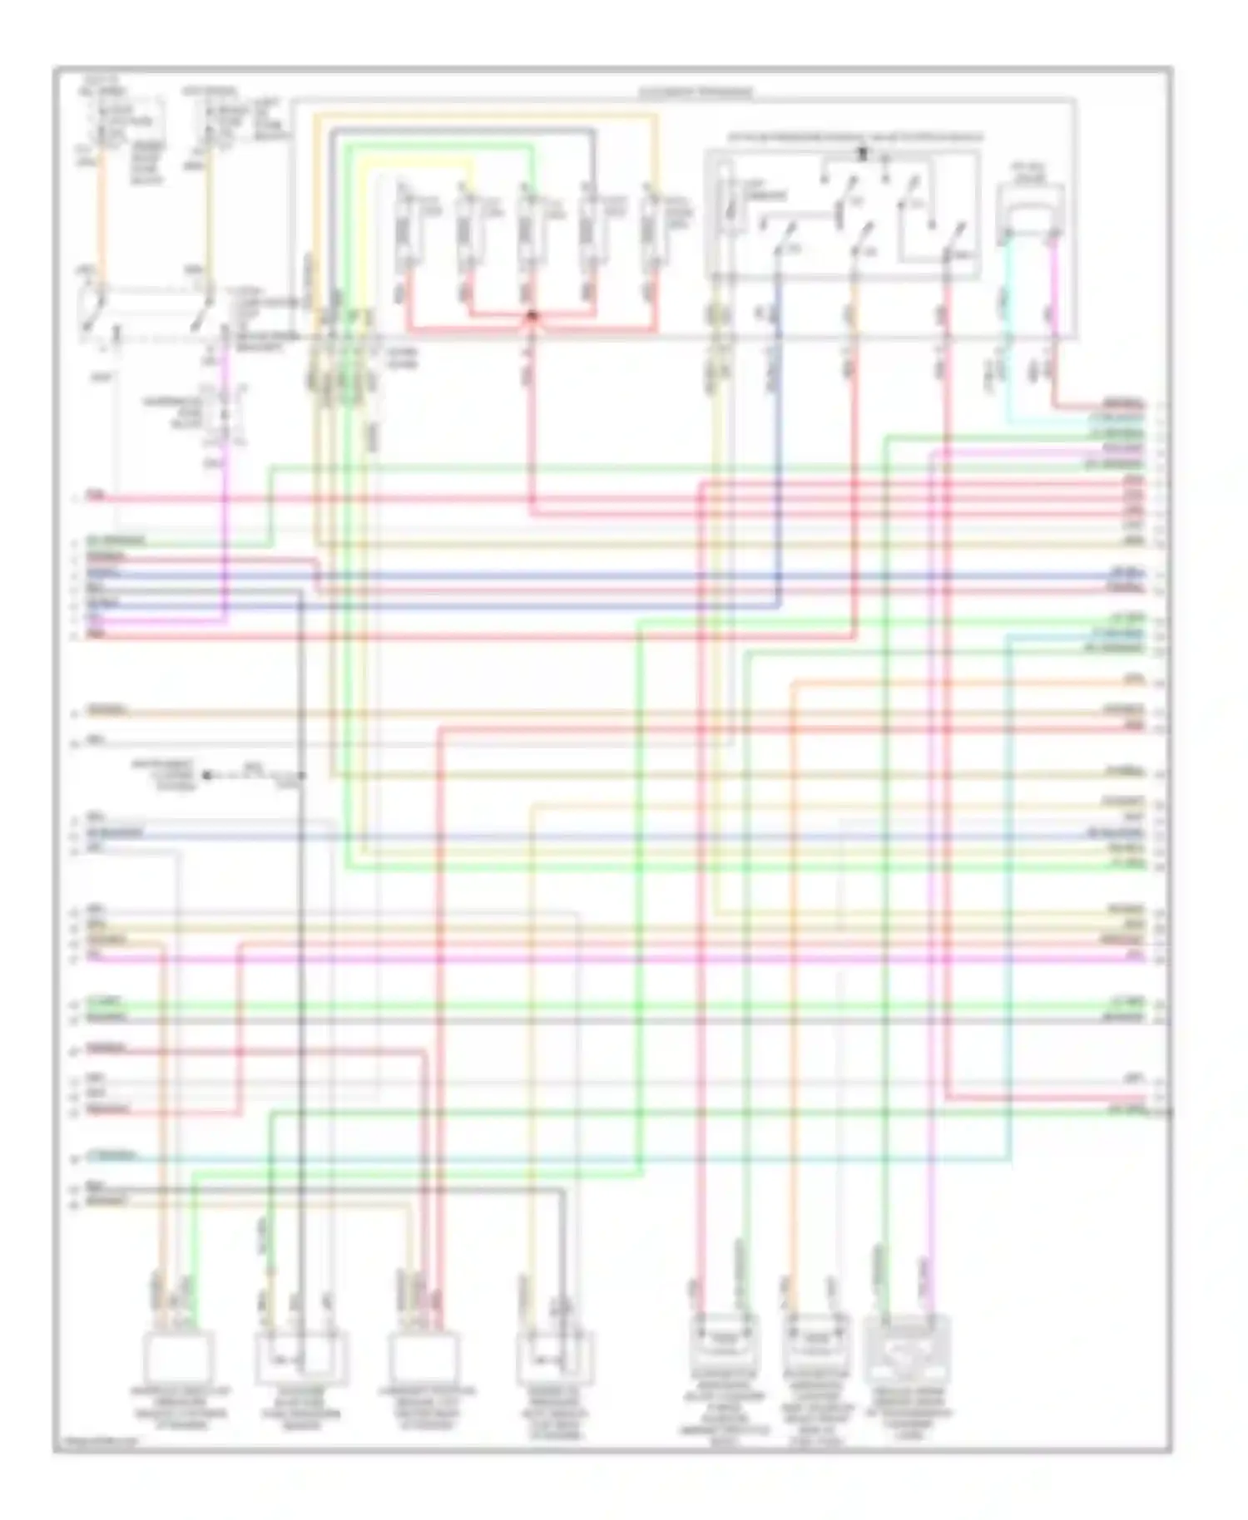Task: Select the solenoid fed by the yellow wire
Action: [467, 225]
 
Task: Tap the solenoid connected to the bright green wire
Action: [527, 225]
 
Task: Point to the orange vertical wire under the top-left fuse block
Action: [102, 216]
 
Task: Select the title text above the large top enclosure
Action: [695, 92]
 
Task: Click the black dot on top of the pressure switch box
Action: [862, 153]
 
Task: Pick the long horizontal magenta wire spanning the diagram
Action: [616, 958]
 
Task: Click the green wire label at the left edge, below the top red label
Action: [116, 540]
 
